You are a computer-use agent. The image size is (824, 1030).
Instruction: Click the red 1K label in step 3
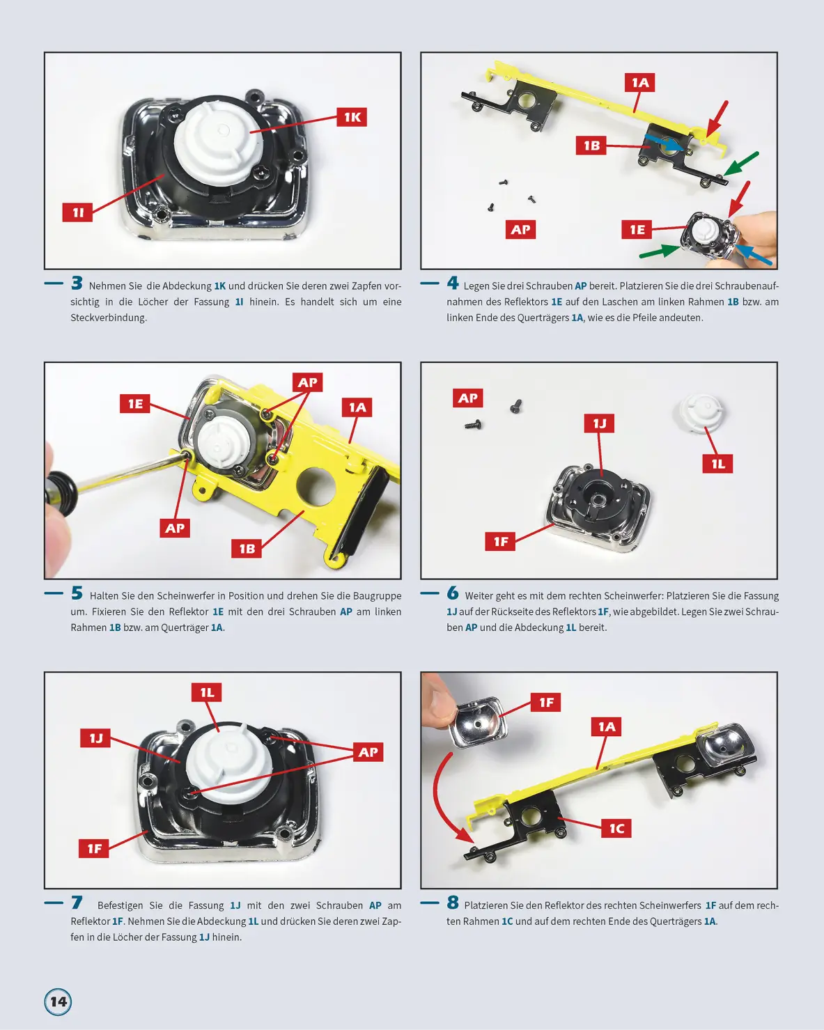point(352,117)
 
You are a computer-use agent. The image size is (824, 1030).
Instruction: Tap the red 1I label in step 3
point(77,212)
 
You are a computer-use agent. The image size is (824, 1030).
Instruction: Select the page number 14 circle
point(58,1001)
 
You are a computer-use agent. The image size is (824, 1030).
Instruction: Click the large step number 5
point(77,593)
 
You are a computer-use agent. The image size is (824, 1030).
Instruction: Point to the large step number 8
point(453,902)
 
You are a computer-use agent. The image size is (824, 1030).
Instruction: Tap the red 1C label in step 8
point(616,828)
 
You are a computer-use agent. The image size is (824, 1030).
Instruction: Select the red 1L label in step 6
point(717,464)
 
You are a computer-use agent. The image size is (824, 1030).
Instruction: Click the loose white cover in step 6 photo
point(701,412)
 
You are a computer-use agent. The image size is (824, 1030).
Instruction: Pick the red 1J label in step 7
point(95,738)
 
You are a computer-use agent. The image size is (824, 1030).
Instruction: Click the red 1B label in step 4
point(591,145)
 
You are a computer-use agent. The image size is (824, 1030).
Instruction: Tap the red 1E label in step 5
point(135,403)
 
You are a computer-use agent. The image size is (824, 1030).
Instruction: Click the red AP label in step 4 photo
point(520,229)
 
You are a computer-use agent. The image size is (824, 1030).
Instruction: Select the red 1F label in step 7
point(94,849)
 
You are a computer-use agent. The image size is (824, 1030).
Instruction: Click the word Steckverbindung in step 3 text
point(108,318)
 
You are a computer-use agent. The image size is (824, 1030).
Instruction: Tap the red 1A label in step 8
point(606,726)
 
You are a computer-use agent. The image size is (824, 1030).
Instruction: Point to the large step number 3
point(77,283)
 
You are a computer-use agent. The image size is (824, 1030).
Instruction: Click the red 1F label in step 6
point(500,541)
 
